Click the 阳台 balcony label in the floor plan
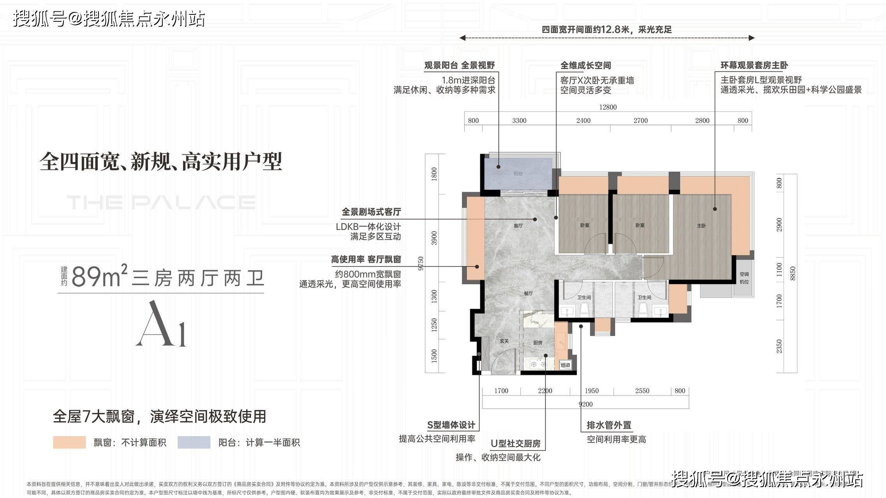pos(518,174)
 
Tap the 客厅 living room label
pos(518,226)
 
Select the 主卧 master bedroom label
pos(701,226)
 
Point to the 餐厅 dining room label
pos(528,293)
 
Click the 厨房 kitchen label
pos(538,343)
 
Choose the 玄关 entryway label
pos(504,341)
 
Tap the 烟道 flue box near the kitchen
pos(566,365)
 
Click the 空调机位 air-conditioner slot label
pos(744,278)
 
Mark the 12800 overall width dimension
pos(608,107)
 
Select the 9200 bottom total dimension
pos(585,404)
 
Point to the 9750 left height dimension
pos(420,263)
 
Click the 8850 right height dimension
pos(793,274)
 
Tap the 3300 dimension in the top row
pos(519,121)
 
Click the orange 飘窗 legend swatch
pos(69,442)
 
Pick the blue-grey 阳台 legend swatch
pos(194,442)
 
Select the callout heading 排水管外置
pos(609,425)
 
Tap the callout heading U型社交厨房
pos(515,444)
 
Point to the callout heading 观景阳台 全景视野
pos(459,65)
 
